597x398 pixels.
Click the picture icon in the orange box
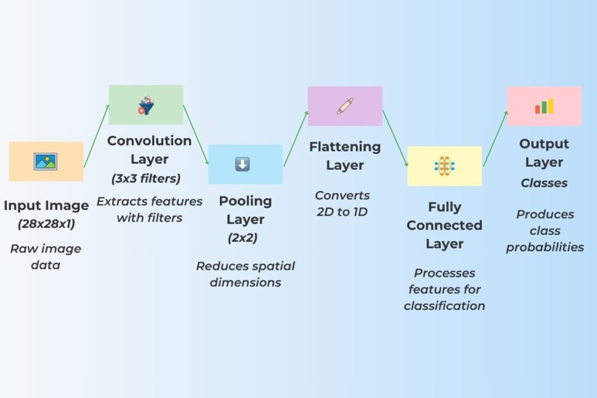point(45,161)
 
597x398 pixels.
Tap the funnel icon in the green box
point(146,105)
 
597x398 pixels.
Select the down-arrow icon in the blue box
point(243,164)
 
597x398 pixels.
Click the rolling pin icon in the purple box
point(345,106)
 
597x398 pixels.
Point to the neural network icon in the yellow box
point(444,166)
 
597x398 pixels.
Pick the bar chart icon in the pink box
point(544,107)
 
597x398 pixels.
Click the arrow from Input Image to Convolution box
point(96,136)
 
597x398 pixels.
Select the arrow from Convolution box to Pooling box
point(196,135)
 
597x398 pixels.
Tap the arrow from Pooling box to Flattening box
point(296,139)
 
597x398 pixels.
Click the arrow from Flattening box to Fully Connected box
point(395,138)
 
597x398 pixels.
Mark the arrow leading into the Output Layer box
point(496,139)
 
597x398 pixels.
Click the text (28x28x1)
point(46,224)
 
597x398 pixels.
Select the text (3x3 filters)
point(146,178)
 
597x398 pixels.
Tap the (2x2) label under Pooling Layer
point(243,238)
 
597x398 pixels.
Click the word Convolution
point(149,141)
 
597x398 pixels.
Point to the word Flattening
point(345,147)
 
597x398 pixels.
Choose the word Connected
point(444,226)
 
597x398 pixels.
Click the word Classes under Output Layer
point(544,183)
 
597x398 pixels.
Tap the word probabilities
point(545,247)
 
